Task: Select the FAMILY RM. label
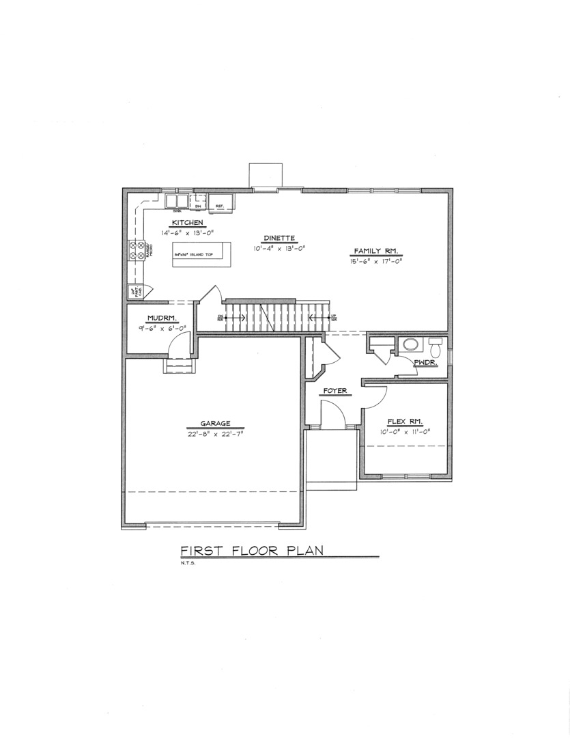point(375,250)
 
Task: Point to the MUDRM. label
point(162,318)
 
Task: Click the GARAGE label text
point(215,423)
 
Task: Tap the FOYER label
point(336,392)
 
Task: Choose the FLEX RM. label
point(405,421)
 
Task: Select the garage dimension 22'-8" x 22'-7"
point(215,433)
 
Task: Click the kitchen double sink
point(177,201)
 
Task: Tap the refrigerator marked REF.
point(221,202)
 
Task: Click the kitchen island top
point(202,254)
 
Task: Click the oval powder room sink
point(410,344)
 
